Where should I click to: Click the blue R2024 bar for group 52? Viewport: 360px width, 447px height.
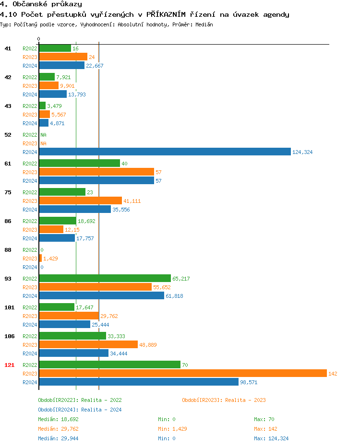[x=165, y=152]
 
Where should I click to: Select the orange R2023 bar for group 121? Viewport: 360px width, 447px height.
[x=182, y=373]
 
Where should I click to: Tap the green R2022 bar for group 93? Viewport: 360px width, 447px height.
[x=105, y=278]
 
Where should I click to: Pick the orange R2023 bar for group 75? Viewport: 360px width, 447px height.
[x=80, y=200]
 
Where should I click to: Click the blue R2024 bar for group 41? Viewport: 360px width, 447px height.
[x=61, y=65]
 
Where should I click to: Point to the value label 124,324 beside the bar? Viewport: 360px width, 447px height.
[x=302, y=152]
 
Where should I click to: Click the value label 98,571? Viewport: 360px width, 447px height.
[x=249, y=382]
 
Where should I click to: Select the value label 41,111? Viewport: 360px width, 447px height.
[x=132, y=201]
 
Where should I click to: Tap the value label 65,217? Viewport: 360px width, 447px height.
[x=181, y=279]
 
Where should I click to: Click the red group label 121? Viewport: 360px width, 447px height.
[x=9, y=365]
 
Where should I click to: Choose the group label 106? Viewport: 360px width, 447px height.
[x=9, y=336]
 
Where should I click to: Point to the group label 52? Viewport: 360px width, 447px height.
[x=8, y=135]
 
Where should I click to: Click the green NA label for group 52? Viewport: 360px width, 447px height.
[x=43, y=135]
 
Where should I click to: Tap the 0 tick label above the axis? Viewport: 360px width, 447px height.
[x=39, y=39]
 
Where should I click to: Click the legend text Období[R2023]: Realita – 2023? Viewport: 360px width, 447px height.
[x=224, y=400]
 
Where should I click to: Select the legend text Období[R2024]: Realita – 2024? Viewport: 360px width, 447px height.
[x=80, y=410]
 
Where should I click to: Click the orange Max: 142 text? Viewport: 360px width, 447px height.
[x=265, y=429]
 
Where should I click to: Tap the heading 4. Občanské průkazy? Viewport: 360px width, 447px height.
[x=41, y=4]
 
